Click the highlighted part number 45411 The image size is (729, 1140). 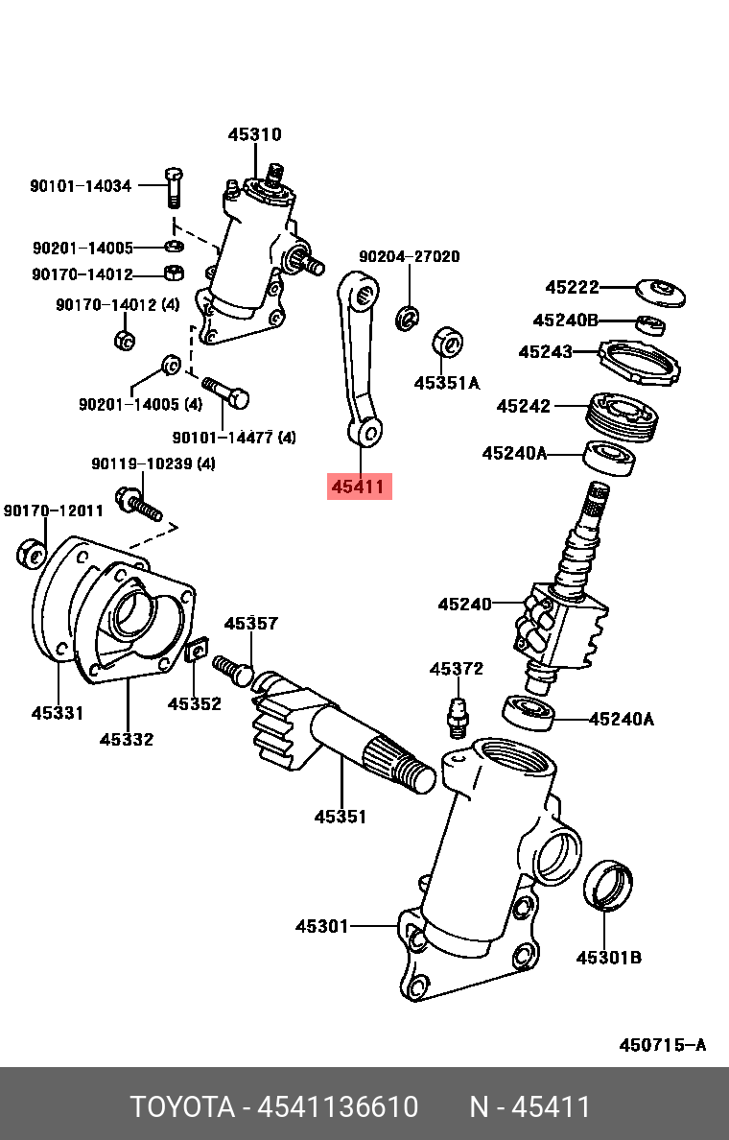click(x=358, y=487)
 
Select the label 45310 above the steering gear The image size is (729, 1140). click(x=254, y=135)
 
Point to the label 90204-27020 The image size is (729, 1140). click(x=409, y=257)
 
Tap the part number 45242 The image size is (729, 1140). click(x=524, y=406)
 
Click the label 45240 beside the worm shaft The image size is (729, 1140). click(x=464, y=605)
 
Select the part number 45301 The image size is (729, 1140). click(x=321, y=926)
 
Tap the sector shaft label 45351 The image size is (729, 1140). click(x=341, y=818)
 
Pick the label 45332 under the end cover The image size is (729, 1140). click(x=127, y=740)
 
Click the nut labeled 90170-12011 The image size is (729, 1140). click(x=29, y=554)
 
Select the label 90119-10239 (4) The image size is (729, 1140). click(x=153, y=463)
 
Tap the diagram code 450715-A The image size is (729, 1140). click(x=662, y=1045)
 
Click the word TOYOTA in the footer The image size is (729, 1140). click(x=182, y=1107)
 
